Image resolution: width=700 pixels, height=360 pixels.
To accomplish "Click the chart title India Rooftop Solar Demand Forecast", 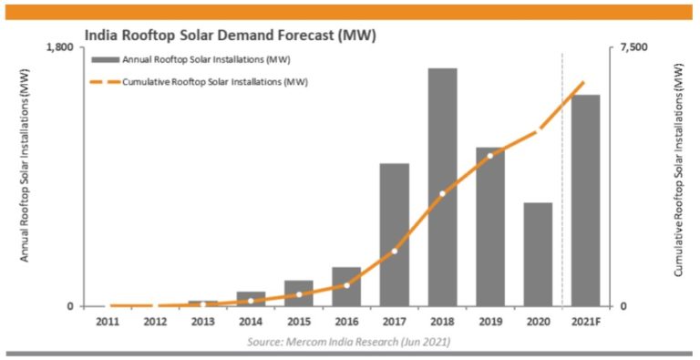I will tap(230, 35).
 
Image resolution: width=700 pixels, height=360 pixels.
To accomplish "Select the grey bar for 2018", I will tap(442, 187).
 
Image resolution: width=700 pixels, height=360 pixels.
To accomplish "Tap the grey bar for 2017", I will tap(394, 234).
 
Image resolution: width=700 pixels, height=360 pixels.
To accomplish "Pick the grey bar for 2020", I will tap(538, 254).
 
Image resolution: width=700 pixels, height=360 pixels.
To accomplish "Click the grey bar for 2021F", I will tap(585, 200).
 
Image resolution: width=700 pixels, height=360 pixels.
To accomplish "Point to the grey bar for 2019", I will tap(489, 226).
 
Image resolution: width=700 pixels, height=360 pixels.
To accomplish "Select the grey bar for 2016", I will tap(346, 286).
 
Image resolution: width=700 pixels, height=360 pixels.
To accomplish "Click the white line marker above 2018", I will tap(442, 194).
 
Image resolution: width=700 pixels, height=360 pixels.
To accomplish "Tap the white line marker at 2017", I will tap(394, 252).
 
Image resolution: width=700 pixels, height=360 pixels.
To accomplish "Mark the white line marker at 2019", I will tap(489, 156).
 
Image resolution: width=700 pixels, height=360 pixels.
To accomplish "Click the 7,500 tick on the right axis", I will tap(633, 47).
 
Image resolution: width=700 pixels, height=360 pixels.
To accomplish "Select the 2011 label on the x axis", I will tap(107, 321).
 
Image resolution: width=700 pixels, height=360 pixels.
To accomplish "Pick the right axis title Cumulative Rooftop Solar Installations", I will tap(678, 176).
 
